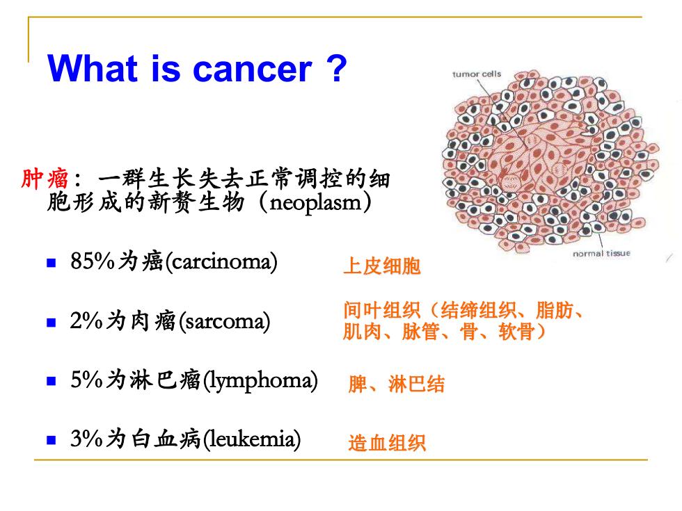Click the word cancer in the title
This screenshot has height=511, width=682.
(x=252, y=70)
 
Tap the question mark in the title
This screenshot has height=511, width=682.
(x=337, y=68)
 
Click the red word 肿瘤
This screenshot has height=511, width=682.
(x=45, y=179)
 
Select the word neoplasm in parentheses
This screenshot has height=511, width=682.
(x=315, y=203)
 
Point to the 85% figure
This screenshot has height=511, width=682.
(x=93, y=261)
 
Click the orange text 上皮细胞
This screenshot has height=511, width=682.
(x=382, y=266)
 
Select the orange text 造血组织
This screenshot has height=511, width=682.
(x=387, y=444)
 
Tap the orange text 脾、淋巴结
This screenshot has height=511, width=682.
(x=396, y=384)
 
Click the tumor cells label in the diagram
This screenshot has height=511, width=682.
(x=477, y=74)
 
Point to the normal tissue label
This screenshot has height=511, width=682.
(x=601, y=253)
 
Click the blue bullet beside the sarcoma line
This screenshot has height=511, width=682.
(x=51, y=323)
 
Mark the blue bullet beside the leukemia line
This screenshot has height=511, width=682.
(x=51, y=440)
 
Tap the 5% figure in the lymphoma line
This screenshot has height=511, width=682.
(x=86, y=380)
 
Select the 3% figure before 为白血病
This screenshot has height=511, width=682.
(x=86, y=439)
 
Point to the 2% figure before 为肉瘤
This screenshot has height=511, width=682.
(x=86, y=321)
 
